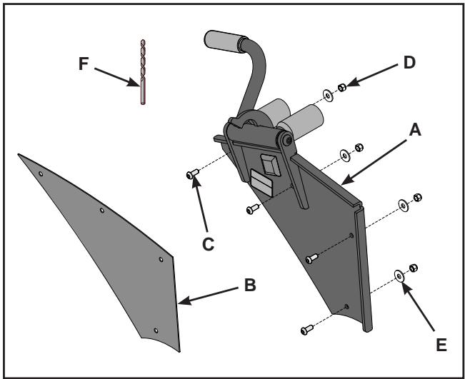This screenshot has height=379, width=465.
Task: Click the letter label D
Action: click(409, 62)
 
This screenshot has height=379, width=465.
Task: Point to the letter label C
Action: click(209, 243)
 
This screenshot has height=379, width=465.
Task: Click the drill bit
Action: click(141, 71)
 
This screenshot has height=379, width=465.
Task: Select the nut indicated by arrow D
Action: click(342, 88)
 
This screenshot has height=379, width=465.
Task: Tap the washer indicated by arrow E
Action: click(398, 276)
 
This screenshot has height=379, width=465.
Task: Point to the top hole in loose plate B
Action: click(41, 173)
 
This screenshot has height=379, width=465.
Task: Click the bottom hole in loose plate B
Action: click(156, 330)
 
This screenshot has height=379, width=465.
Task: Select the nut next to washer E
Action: click(413, 268)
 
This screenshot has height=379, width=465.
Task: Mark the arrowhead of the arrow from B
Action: click(180, 301)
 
